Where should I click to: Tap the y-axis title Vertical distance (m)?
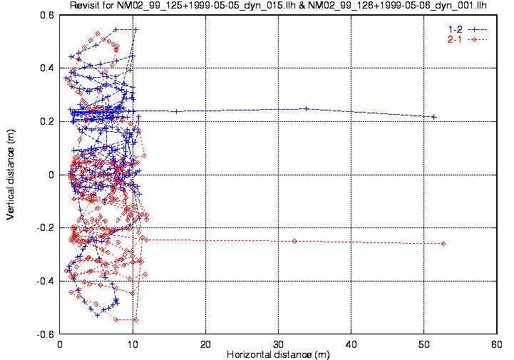point(11,175)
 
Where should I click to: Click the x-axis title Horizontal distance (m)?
point(277,354)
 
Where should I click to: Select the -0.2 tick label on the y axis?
point(46,228)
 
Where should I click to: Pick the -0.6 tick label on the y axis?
point(46,334)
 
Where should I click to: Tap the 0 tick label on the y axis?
point(53,175)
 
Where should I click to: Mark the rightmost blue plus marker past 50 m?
point(433,116)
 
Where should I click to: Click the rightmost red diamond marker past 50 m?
point(443,244)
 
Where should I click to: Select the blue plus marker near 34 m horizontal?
point(306,108)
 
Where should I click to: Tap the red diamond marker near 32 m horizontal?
point(294,241)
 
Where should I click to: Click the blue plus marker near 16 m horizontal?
point(175,111)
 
